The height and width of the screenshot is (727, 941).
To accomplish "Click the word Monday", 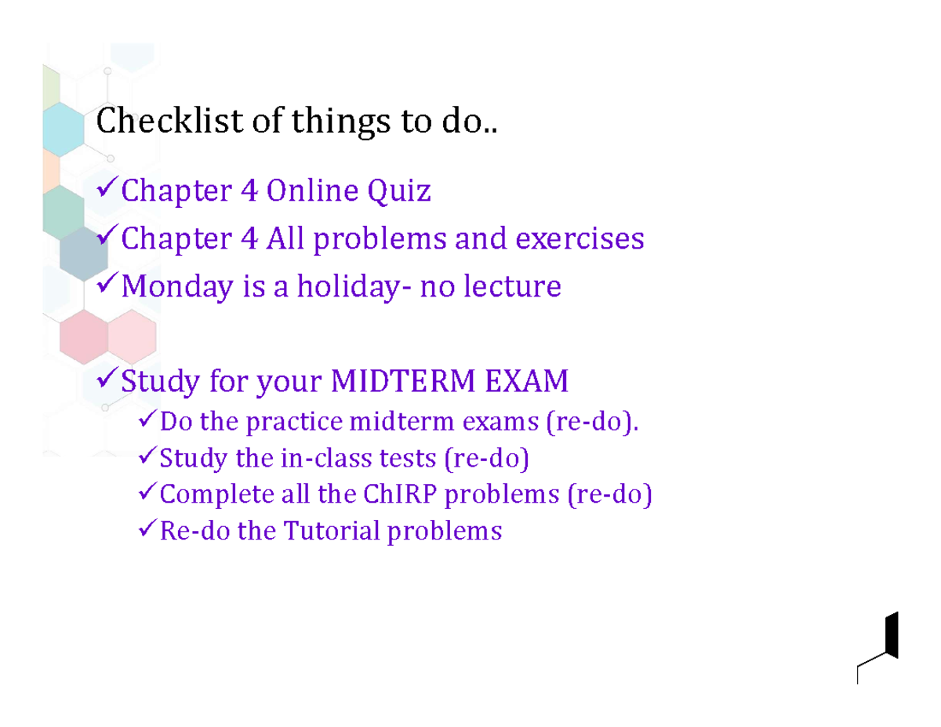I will click(177, 287).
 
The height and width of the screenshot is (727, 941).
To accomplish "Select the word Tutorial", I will click(331, 531).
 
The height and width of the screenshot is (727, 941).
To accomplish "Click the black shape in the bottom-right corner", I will click(890, 635).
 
